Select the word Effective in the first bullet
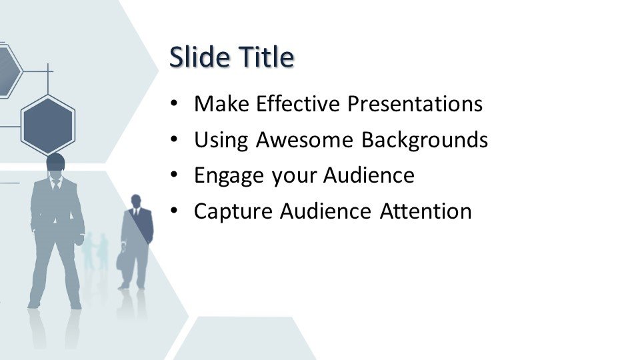pos(298,104)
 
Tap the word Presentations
pos(415,104)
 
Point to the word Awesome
pos(305,139)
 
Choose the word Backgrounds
pos(425,141)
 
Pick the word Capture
pos(233,212)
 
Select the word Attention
pos(426,211)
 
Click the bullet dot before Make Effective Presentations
pos(174,104)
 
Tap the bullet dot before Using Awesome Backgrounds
pos(174,139)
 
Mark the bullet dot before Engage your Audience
pos(174,175)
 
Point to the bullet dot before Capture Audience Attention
pos(174,211)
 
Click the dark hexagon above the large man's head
pos(48,125)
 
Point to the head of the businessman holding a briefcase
pos(136,201)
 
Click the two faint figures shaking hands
pos(95,252)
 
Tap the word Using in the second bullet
pos(221,141)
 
